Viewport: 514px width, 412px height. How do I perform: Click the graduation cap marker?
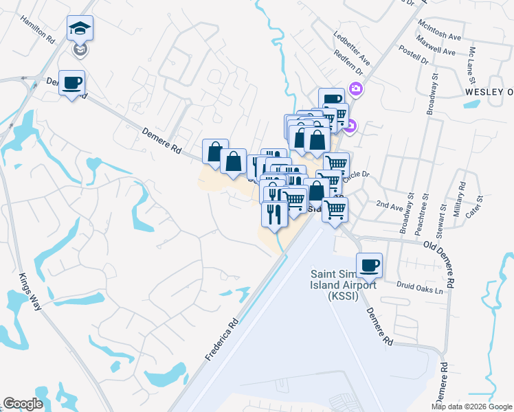[x=80, y=29]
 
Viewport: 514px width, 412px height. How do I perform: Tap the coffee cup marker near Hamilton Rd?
[x=72, y=84]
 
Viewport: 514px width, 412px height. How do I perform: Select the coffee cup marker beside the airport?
[x=369, y=265]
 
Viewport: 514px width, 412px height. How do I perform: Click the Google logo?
[x=23, y=404]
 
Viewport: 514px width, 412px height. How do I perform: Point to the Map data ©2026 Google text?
[x=471, y=407]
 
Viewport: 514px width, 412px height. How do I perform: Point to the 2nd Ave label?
[x=389, y=204]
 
